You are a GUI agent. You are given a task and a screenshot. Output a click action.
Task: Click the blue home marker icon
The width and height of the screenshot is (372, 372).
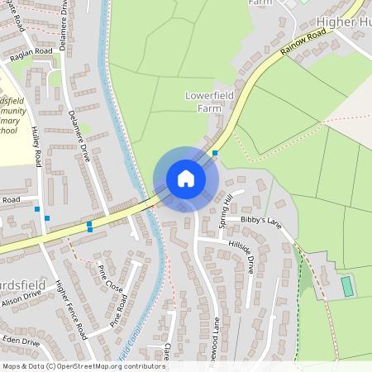coord(186,179)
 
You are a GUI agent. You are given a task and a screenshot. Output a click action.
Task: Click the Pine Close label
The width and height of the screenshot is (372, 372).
coord(110,279)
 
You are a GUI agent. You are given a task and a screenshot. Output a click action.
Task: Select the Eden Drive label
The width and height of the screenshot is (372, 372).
coord(20,340)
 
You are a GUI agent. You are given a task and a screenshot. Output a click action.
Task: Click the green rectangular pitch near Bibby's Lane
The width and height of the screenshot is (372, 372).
coord(347,287)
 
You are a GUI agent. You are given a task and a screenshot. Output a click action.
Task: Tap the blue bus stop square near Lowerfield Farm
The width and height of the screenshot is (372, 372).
coord(215,153)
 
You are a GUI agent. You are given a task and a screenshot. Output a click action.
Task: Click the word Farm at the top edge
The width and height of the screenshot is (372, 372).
coord(260,2)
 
